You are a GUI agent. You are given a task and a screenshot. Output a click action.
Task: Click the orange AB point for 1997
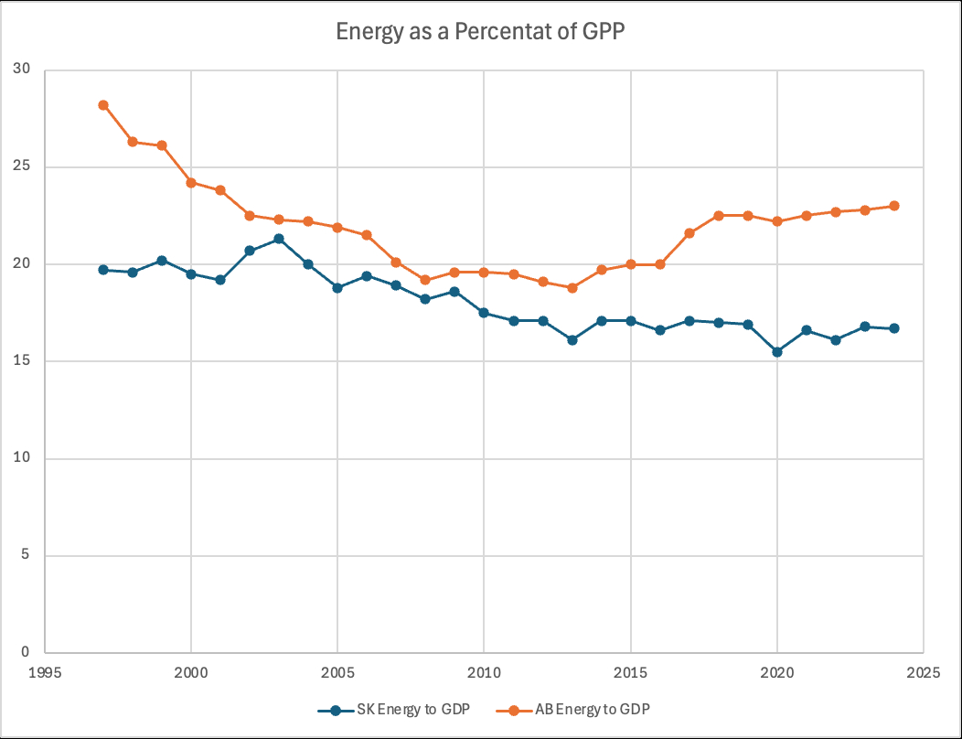(103, 105)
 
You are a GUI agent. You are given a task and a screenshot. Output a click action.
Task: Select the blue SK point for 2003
(279, 239)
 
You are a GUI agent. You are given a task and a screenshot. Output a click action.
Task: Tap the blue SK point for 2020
(777, 351)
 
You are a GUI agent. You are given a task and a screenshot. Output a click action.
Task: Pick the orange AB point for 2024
(894, 206)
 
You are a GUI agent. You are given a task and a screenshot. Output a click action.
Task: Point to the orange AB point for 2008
(425, 280)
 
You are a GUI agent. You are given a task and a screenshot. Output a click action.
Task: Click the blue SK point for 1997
(103, 270)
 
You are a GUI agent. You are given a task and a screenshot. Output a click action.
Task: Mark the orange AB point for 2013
(572, 287)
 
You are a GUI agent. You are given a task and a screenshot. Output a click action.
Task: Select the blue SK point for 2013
(572, 340)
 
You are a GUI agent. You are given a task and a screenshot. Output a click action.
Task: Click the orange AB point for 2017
(689, 233)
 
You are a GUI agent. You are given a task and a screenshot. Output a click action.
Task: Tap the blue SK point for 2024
(894, 328)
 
